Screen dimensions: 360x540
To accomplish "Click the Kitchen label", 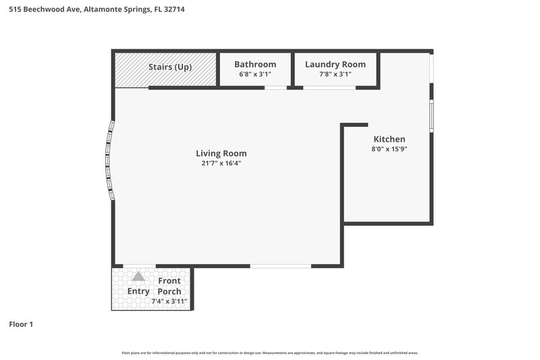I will click(x=389, y=139).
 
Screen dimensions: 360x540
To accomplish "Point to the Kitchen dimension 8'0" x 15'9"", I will click(x=389, y=149).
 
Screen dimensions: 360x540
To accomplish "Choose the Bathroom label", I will click(x=255, y=64).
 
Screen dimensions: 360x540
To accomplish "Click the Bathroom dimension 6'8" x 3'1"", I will click(x=255, y=74).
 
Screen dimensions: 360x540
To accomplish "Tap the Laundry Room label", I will click(x=335, y=64).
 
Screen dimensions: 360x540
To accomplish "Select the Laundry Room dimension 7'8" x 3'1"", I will click(x=335, y=74).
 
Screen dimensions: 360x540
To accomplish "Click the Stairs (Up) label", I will click(x=170, y=67).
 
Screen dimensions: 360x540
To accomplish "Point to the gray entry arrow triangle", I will click(x=138, y=276).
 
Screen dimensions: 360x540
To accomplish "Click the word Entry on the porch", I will click(x=138, y=291).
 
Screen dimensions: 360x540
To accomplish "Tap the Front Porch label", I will click(x=169, y=286).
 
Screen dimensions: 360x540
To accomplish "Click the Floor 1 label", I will click(x=21, y=324).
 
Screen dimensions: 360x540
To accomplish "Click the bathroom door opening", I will click(x=275, y=87).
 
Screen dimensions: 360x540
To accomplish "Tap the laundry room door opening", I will click(x=329, y=87).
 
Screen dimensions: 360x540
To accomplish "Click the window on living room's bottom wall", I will click(x=281, y=266).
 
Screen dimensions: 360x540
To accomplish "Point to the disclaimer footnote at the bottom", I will click(x=270, y=353).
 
